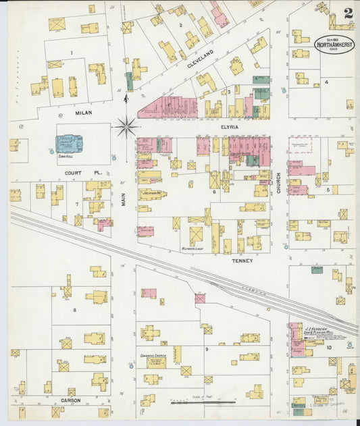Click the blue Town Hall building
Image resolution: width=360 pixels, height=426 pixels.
(69, 143)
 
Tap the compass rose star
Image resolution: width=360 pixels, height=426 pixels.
(126, 126)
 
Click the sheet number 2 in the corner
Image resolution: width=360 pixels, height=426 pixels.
(347, 12)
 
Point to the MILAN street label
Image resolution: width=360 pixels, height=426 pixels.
(83, 113)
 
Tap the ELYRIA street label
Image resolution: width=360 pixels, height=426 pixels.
(230, 126)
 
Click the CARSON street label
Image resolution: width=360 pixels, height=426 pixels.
(72, 400)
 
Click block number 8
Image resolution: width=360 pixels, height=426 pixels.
(76, 310)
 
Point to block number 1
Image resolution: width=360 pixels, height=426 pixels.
(71, 52)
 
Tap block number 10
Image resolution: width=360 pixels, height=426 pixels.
(329, 348)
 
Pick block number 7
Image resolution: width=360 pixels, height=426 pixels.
(77, 203)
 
